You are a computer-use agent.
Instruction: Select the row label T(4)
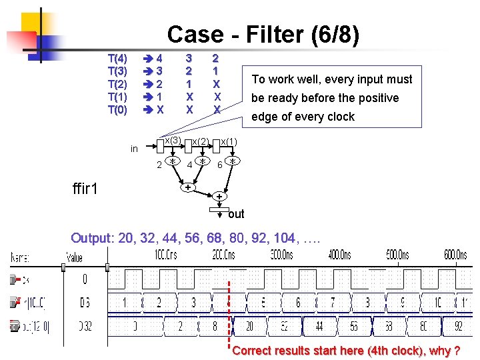(x=117, y=58)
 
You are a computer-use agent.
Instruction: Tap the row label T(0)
(x=117, y=110)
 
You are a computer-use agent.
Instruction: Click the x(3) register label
(x=173, y=140)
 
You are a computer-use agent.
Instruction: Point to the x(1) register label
(x=228, y=141)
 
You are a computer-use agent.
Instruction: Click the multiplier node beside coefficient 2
(x=172, y=162)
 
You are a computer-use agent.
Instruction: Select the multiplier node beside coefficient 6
(x=232, y=161)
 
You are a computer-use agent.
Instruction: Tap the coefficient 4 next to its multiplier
(x=189, y=164)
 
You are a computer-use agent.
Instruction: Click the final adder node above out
(x=219, y=197)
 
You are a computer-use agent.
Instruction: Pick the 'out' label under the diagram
(x=236, y=214)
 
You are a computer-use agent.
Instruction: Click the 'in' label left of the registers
(x=134, y=149)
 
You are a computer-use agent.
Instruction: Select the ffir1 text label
(x=85, y=189)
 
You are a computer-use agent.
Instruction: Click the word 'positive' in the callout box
(x=377, y=98)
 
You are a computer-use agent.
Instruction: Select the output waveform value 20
(x=250, y=327)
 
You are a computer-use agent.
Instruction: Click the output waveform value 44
(x=319, y=327)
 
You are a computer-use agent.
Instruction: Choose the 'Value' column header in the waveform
(x=74, y=258)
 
